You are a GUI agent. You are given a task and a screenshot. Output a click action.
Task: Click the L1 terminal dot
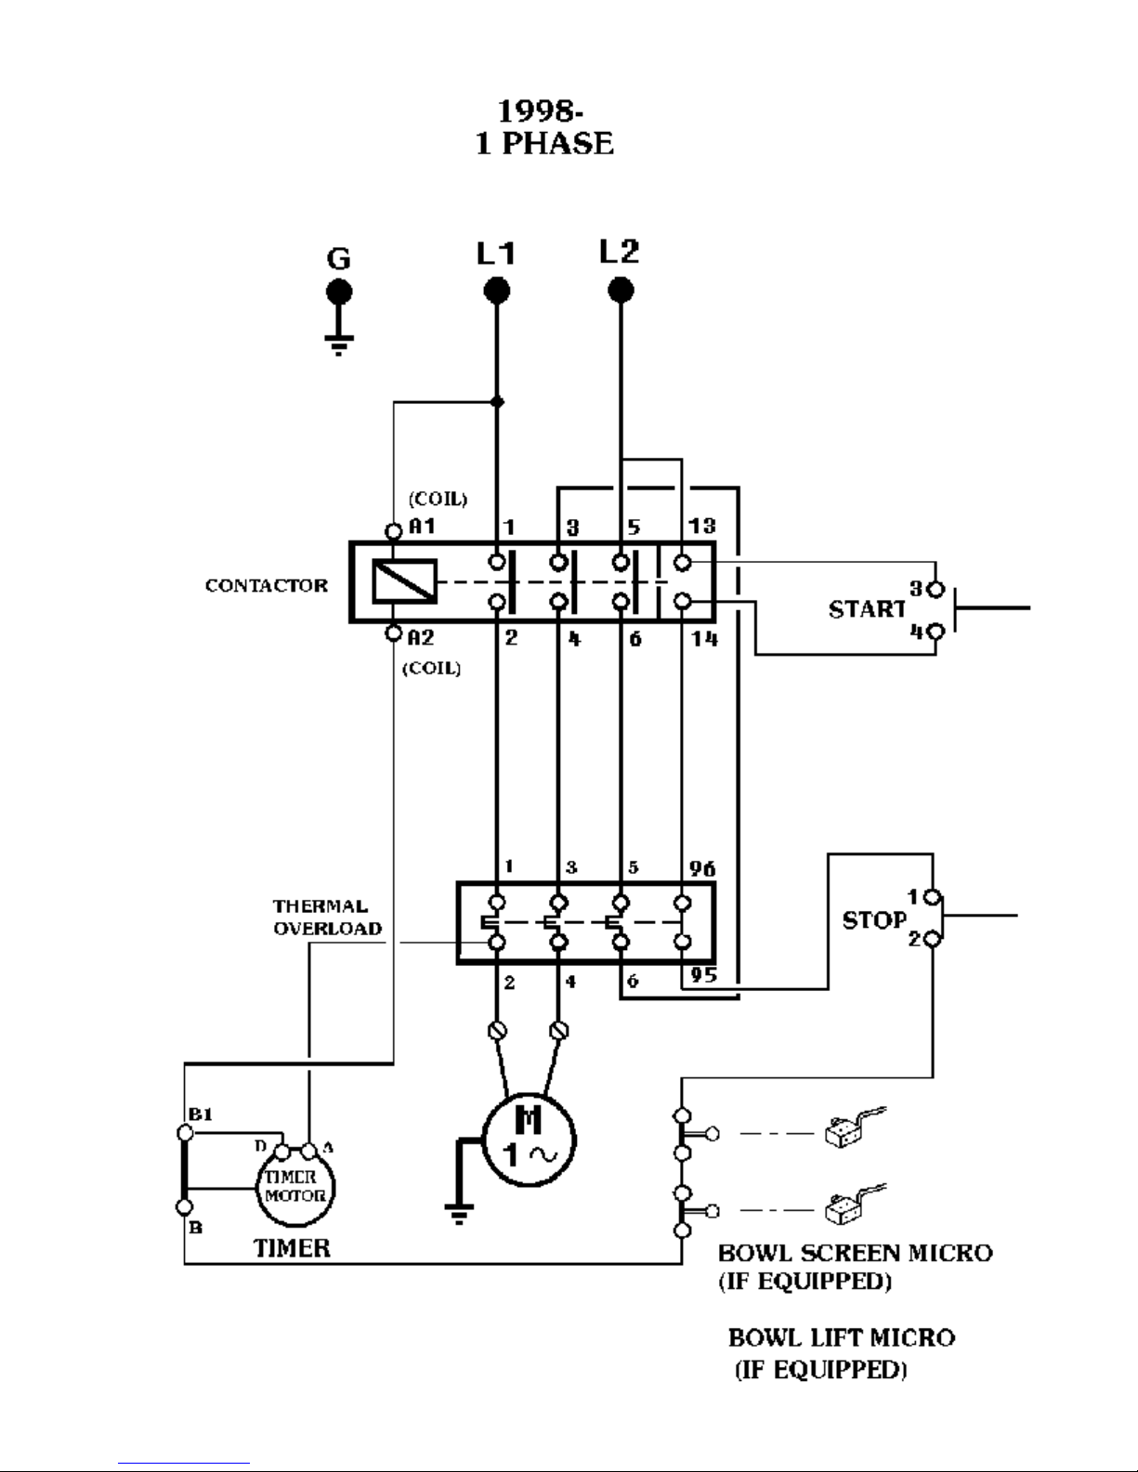click(496, 292)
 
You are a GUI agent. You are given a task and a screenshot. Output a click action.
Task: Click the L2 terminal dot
click(621, 291)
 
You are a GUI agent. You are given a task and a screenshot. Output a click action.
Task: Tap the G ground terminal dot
click(339, 292)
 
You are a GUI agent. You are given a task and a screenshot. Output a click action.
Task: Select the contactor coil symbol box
click(404, 580)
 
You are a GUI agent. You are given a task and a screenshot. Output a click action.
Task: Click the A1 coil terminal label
click(422, 527)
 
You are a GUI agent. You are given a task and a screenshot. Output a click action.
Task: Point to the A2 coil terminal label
click(421, 637)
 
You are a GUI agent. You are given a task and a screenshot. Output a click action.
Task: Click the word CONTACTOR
click(267, 585)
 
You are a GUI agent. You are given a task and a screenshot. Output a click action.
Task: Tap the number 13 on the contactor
click(702, 526)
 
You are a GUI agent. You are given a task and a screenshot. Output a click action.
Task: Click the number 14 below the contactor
click(704, 638)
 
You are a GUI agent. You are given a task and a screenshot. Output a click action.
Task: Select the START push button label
click(867, 609)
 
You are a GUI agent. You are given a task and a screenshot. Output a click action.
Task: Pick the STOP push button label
click(874, 920)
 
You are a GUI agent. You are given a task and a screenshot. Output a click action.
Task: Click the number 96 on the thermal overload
click(702, 868)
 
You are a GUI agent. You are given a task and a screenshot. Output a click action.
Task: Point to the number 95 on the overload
click(704, 975)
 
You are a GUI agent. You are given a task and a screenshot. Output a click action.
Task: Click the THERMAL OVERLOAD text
click(327, 918)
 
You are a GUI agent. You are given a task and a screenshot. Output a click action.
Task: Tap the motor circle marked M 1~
click(529, 1140)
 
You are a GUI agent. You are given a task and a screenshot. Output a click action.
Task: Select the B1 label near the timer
click(201, 1114)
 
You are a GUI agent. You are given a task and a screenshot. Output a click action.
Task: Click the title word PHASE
click(557, 144)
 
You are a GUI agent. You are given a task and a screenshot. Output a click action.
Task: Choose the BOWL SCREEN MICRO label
click(855, 1253)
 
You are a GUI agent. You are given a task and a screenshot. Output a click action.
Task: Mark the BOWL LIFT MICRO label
click(842, 1338)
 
